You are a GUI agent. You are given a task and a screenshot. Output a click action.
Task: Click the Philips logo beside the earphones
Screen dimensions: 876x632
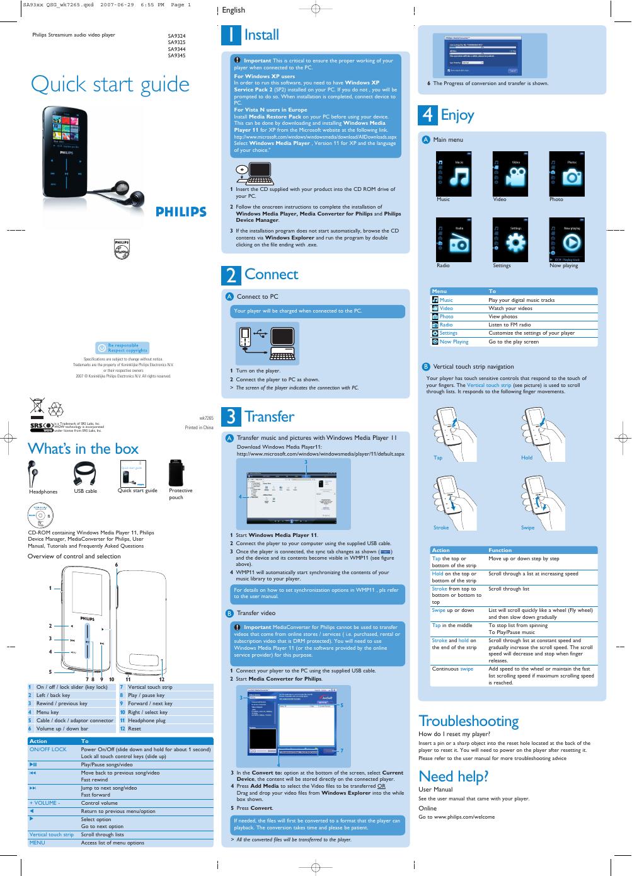click(x=181, y=212)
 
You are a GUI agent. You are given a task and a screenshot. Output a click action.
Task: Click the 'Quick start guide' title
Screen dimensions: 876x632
click(x=110, y=84)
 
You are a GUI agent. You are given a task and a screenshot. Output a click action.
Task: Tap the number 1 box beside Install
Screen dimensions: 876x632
click(x=230, y=35)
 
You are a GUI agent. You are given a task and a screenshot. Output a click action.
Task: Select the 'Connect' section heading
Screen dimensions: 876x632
click(x=271, y=274)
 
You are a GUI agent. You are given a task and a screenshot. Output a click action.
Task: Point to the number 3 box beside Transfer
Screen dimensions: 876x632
click(x=231, y=417)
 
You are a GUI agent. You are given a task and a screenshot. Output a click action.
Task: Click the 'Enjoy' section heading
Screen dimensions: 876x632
click(x=457, y=115)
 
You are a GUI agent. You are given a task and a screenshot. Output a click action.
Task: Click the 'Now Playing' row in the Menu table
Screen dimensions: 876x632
click(x=454, y=342)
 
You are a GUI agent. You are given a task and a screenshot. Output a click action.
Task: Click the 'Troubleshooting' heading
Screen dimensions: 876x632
click(x=468, y=720)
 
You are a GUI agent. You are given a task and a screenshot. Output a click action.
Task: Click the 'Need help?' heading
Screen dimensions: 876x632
click(x=453, y=776)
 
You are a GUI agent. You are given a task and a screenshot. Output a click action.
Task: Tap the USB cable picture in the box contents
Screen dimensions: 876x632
click(x=86, y=472)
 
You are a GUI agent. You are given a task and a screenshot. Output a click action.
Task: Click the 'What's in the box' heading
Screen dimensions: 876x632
click(x=83, y=449)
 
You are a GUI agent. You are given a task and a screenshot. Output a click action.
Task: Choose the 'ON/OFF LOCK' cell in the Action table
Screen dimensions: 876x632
click(x=48, y=749)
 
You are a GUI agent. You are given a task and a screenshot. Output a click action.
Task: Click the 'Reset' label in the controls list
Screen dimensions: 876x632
click(x=135, y=729)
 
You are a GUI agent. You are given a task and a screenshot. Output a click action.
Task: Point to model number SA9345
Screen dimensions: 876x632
click(x=176, y=55)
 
